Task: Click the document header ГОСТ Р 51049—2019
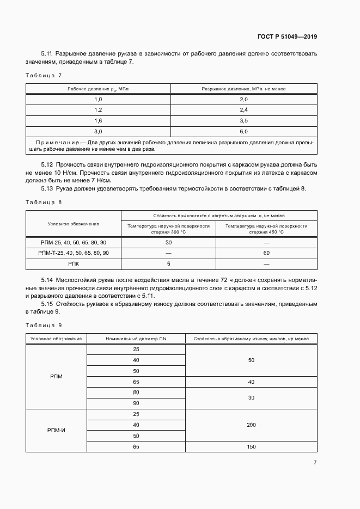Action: coord(287,37)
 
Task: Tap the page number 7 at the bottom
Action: coord(315,462)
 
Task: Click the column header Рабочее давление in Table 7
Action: coord(98,88)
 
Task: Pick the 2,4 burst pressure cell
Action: coord(243,110)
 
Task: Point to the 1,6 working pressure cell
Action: coord(98,120)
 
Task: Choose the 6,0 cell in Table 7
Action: coord(243,131)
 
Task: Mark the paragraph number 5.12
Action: coord(47,164)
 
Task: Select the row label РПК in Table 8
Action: coord(74,263)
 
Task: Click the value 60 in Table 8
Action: coord(266,253)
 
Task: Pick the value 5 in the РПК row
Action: coord(168,263)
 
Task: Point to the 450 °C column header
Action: coord(266,228)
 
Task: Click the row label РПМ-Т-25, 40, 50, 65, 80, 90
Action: coord(74,253)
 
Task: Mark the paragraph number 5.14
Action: coord(47,279)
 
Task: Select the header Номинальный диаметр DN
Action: coord(136,339)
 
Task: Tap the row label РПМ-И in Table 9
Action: coord(57,430)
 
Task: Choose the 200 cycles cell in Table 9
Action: coord(251,425)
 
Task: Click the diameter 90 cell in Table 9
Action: coord(136,403)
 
